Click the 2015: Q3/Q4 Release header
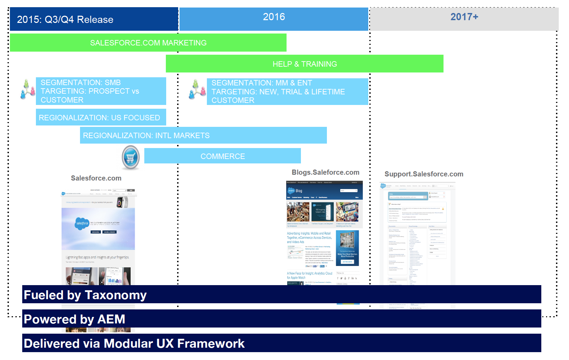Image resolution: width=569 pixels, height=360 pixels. pyautogui.click(x=65, y=19)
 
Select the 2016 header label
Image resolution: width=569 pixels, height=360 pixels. pyautogui.click(x=274, y=17)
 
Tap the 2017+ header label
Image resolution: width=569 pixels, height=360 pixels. pyautogui.click(x=464, y=17)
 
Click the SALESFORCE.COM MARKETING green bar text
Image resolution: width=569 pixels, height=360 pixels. pyautogui.click(x=148, y=43)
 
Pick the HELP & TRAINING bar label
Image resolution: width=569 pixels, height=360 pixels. pyautogui.click(x=304, y=64)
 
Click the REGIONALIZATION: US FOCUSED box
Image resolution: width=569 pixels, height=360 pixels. pyautogui.click(x=99, y=118)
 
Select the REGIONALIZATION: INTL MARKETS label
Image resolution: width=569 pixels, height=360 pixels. pyautogui.click(x=146, y=136)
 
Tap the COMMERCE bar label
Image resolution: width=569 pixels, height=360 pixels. pyautogui.click(x=222, y=156)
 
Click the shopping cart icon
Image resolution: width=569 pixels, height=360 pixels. pyautogui.click(x=131, y=158)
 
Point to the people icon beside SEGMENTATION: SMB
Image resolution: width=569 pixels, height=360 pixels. pyautogui.click(x=28, y=90)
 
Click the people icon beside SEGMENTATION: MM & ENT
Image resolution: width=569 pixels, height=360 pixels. pyautogui.click(x=197, y=90)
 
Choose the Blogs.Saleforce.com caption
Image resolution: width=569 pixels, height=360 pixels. pyautogui.click(x=325, y=172)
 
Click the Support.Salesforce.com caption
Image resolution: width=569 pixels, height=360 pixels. pyautogui.click(x=424, y=174)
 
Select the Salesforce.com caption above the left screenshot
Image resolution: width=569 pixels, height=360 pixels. pyautogui.click(x=96, y=178)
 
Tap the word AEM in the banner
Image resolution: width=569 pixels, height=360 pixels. pyautogui.click(x=111, y=319)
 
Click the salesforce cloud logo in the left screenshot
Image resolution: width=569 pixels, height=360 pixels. pyautogui.click(x=82, y=223)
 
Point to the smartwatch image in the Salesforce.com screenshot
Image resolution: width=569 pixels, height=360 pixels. pyautogui.click(x=121, y=202)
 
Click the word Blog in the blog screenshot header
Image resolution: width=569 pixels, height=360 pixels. pyautogui.click(x=299, y=191)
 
